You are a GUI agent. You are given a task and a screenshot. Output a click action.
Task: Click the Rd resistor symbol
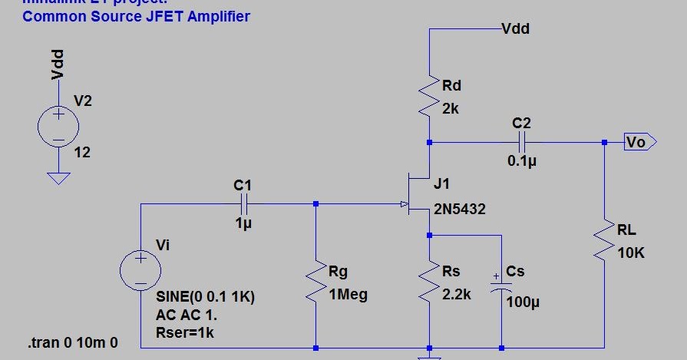429,97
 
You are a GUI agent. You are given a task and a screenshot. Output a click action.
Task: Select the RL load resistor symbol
604,240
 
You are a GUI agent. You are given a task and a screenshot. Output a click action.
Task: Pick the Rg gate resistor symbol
315,283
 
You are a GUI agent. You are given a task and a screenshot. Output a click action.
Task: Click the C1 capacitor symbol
244,205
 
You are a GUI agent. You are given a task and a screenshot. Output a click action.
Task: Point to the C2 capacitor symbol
522,142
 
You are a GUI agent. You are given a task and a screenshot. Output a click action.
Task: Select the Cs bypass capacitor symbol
500,284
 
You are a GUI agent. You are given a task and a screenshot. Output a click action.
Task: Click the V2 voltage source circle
58,125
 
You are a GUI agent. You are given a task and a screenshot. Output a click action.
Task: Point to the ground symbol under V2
58,178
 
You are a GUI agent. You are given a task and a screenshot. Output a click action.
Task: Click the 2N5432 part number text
459,209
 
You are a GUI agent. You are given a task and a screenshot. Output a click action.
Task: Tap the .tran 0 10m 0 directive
73,342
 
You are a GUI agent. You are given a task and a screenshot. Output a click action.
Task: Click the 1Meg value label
348,294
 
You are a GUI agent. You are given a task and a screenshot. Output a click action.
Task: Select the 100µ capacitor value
524,302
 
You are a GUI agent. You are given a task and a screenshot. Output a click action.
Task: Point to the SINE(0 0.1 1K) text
205,296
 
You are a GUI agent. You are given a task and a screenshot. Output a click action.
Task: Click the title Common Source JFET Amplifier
136,16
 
